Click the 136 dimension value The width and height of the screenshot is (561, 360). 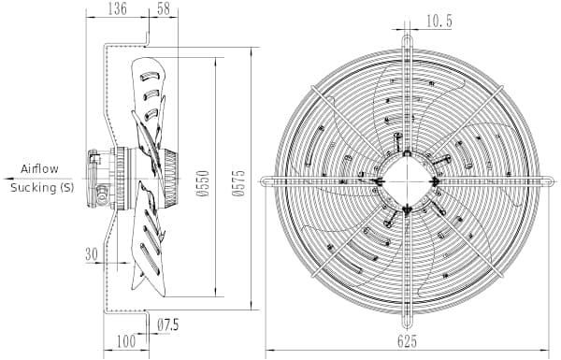coord(118,8)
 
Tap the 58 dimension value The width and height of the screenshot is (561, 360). coord(164,8)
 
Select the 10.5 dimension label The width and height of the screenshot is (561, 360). coord(439,22)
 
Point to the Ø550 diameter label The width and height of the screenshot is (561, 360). coord(203,183)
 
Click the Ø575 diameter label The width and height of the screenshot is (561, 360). coord(238,183)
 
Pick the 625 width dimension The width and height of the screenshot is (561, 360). coord(407,341)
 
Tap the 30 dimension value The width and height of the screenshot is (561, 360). coord(92,253)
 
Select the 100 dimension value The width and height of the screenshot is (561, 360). coord(126,340)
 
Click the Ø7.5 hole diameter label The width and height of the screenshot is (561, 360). coord(167,324)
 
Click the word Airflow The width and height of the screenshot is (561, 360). coord(39,168)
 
